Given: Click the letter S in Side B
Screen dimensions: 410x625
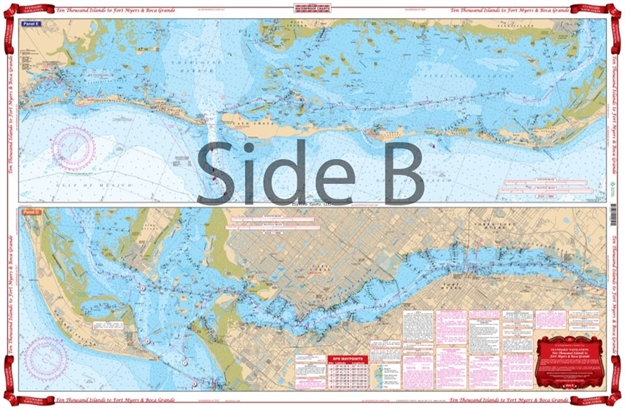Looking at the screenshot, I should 223,171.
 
